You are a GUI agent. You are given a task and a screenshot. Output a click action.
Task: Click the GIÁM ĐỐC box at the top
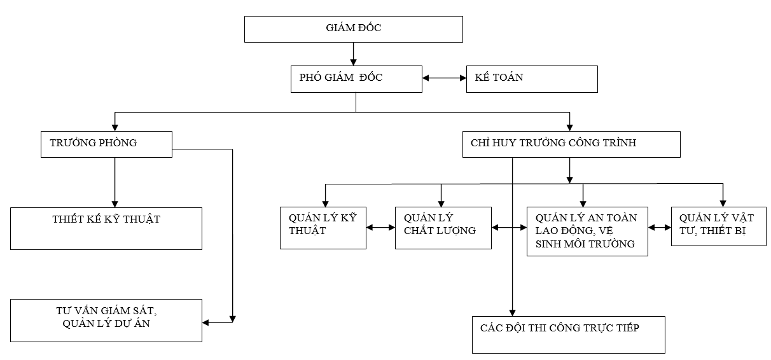(353, 29)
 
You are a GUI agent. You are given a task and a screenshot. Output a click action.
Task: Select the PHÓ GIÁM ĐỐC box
(356, 79)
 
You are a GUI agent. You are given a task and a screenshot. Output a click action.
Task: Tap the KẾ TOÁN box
(532, 79)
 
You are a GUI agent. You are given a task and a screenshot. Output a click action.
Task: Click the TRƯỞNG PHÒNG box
(106, 144)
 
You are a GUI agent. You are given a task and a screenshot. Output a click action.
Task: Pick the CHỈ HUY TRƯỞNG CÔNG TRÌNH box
(571, 144)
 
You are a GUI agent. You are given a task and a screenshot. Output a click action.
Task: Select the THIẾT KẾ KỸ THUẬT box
(106, 228)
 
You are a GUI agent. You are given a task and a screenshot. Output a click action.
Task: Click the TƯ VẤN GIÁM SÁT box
(106, 319)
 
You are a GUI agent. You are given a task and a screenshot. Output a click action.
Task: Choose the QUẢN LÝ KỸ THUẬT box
(323, 227)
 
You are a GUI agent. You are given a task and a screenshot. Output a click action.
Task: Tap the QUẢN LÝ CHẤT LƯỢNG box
(443, 227)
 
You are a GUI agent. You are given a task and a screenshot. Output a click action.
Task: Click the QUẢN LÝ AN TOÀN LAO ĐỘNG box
(587, 231)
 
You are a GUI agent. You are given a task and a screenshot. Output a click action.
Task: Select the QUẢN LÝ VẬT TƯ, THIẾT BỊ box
(718, 226)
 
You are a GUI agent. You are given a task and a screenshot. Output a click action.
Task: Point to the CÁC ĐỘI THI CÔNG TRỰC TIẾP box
(568, 334)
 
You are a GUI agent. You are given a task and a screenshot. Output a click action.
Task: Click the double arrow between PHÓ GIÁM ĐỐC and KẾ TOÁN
(444, 79)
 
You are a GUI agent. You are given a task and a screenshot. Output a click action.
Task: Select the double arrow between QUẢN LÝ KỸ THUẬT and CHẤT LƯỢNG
(380, 227)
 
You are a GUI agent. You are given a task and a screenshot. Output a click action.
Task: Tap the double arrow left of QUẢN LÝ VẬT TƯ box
(660, 227)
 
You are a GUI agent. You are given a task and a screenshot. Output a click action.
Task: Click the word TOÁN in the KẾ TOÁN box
(509, 78)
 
